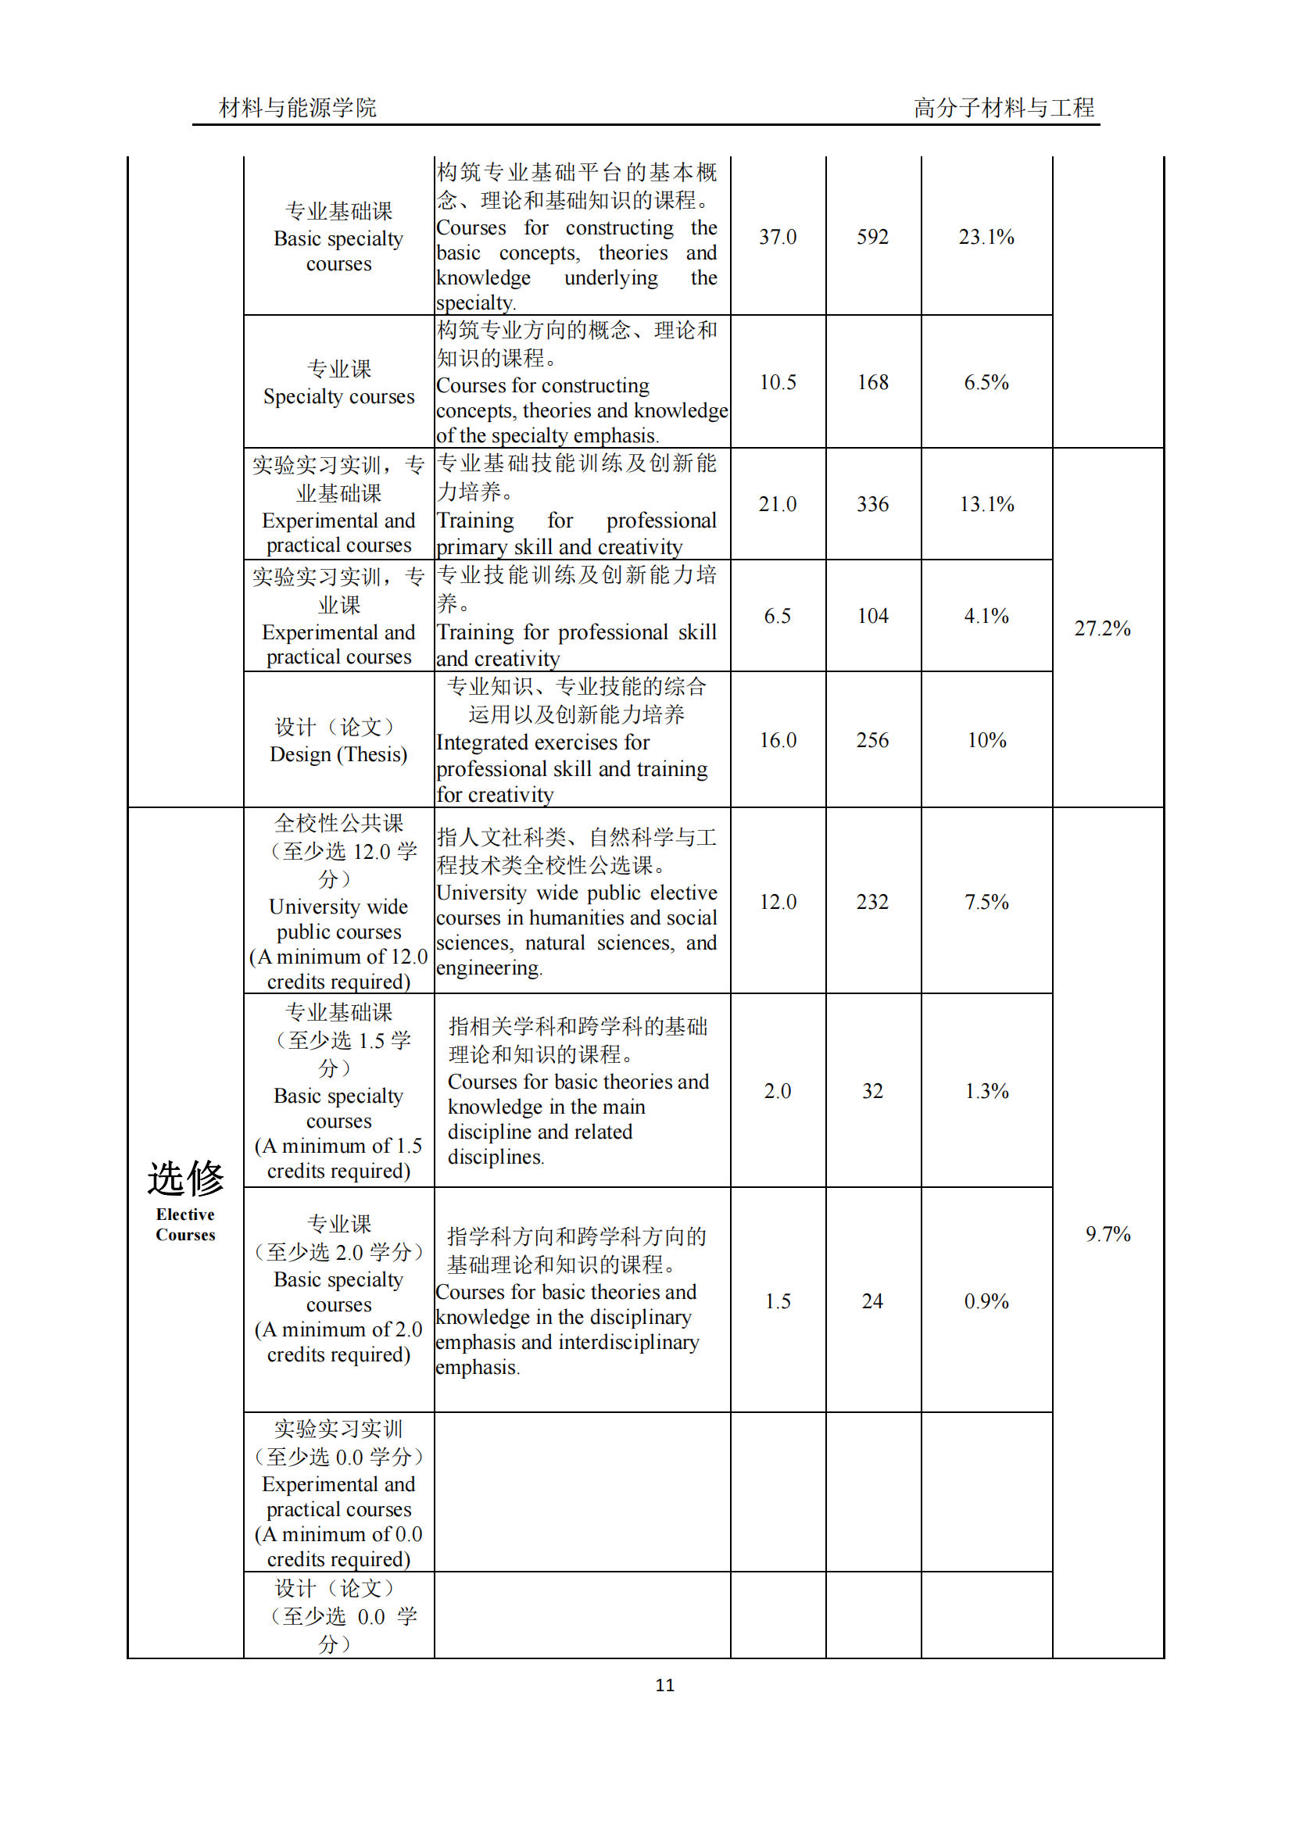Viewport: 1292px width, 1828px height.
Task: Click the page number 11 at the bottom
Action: click(664, 1685)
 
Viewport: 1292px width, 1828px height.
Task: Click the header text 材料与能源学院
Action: click(298, 108)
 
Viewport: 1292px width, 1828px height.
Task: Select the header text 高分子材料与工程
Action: click(1003, 108)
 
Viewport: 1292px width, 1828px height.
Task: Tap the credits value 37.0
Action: click(777, 237)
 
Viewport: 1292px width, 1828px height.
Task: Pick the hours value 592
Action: click(872, 237)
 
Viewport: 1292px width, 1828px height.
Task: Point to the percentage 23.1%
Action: click(986, 237)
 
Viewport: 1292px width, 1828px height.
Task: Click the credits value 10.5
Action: click(777, 382)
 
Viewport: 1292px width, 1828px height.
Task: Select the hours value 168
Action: click(872, 382)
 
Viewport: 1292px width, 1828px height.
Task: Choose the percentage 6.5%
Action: click(986, 382)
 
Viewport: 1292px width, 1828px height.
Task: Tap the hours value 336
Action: click(872, 504)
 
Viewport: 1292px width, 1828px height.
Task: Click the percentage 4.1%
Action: click(986, 615)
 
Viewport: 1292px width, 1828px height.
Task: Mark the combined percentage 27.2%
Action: click(1102, 628)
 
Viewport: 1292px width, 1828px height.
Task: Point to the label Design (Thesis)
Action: click(338, 754)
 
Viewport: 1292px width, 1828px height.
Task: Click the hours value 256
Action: click(872, 739)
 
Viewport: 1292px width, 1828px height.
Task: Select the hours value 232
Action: click(872, 901)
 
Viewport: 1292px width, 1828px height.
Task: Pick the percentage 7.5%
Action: click(986, 901)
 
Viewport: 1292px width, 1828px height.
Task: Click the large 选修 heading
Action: click(185, 1179)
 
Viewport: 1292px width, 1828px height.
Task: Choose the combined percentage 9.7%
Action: click(1108, 1233)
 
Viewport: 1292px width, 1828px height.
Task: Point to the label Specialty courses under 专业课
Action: click(338, 396)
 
